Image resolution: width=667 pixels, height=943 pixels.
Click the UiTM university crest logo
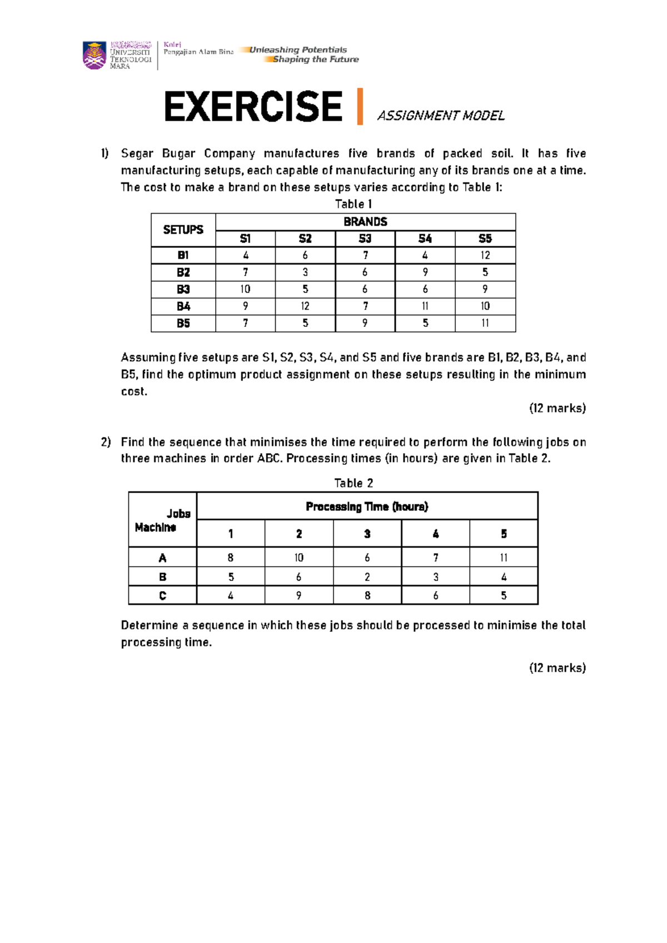coord(94,55)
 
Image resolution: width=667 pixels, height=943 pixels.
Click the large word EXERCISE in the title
coord(253,107)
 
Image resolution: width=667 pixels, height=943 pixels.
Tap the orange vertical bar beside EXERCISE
coord(360,106)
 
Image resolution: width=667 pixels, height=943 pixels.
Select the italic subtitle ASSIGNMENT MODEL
coord(441,116)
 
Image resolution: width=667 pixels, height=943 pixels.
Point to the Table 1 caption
coord(354,204)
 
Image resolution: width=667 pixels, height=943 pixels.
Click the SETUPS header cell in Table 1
coord(183,230)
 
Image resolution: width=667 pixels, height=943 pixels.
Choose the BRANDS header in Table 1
coord(365,222)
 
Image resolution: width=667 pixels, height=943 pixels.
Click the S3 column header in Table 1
coord(365,239)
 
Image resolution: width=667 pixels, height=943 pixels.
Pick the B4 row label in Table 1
coord(183,306)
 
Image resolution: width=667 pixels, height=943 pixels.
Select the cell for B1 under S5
coord(485,255)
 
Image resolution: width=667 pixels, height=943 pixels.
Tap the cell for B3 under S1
coord(245,289)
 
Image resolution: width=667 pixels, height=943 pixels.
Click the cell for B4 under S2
coord(305,306)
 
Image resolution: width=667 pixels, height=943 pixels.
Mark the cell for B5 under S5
coord(485,323)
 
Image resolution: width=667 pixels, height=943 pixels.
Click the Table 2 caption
coord(354,483)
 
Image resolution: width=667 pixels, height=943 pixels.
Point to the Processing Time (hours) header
coord(367,507)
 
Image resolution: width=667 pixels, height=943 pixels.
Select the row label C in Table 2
coord(162,595)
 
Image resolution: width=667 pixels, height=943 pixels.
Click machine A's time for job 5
coord(504,558)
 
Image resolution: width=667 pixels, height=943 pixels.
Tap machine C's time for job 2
coord(299,595)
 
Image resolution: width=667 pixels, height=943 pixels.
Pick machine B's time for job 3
coord(367,577)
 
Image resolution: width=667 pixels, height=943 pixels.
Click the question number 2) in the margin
coord(106,442)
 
